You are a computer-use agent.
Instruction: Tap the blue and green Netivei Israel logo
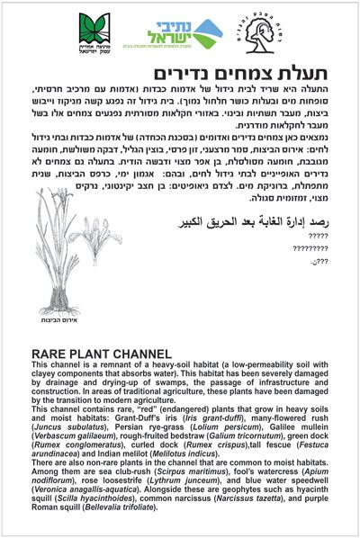coord(180,35)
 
